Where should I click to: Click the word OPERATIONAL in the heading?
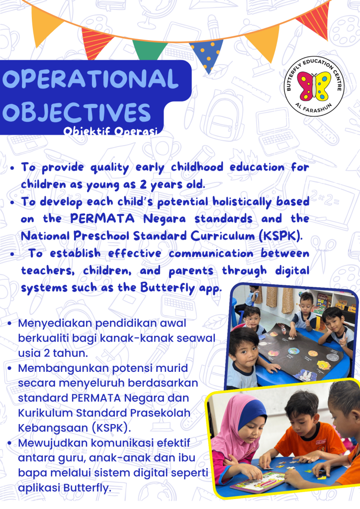[90, 79]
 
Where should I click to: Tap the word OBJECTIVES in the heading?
[77, 112]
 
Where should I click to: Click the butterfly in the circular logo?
[314, 86]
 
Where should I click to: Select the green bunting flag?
[150, 50]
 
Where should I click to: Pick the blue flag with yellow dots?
[206, 55]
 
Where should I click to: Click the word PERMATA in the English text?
[102, 219]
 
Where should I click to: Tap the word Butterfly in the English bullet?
[168, 288]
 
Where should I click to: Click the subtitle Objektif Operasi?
[110, 131]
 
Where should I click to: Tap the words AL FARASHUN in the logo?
[314, 108]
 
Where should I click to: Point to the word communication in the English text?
[211, 254]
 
